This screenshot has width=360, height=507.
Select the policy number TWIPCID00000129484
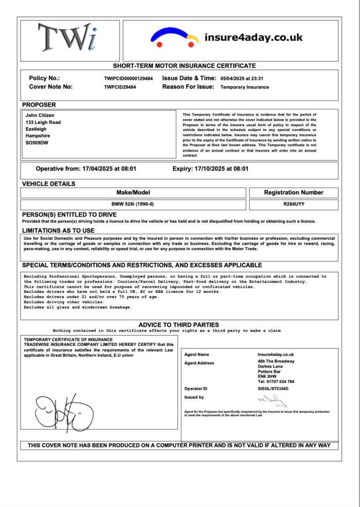[x=129, y=79]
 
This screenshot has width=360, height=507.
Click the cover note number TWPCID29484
[x=120, y=87]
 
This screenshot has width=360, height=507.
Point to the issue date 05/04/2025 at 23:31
[x=242, y=79]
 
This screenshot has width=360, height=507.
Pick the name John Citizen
[x=40, y=115]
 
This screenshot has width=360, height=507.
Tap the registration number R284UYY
[x=293, y=204]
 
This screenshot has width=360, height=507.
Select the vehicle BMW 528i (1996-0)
[x=133, y=204]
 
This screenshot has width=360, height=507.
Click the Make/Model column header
[x=133, y=192]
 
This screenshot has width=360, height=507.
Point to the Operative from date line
[x=86, y=169]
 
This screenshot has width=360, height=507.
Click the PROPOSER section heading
[x=39, y=105]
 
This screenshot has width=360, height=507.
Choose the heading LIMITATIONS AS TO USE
[x=58, y=230]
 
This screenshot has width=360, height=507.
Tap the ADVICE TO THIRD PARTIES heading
[x=178, y=325]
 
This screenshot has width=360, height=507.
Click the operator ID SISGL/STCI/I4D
[x=273, y=389]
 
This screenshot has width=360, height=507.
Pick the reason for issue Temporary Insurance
[x=245, y=87]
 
